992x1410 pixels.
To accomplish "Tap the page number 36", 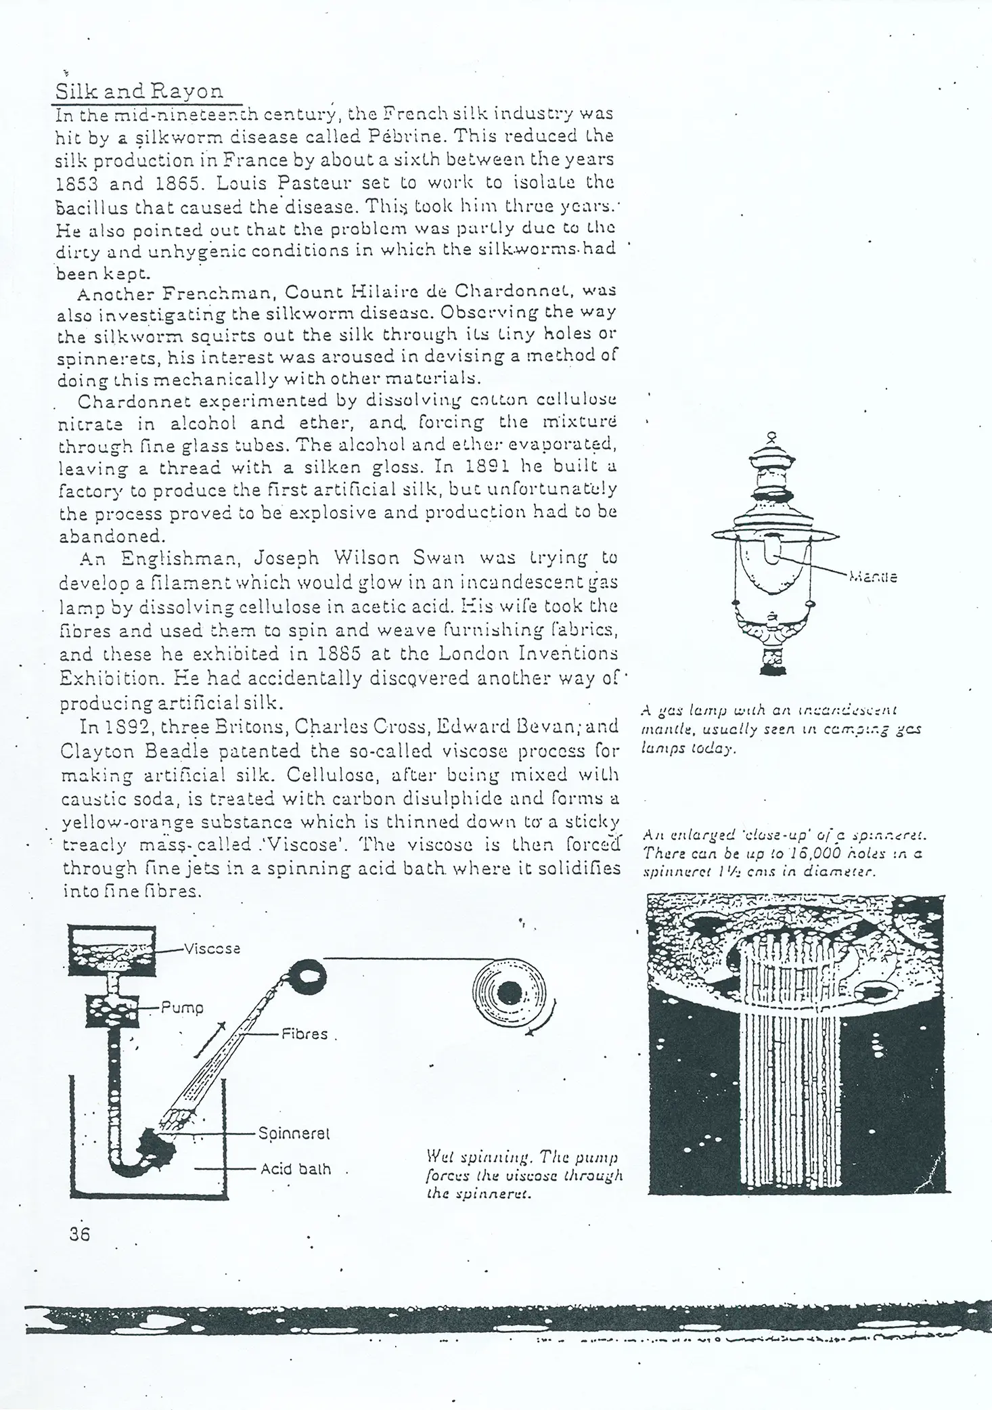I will [79, 1233].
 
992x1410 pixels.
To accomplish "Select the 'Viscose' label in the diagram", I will [212, 948].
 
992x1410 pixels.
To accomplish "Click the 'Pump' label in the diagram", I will [182, 1007].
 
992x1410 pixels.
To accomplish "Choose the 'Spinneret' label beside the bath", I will [294, 1132].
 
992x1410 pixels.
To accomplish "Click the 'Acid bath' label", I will [296, 1168].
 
